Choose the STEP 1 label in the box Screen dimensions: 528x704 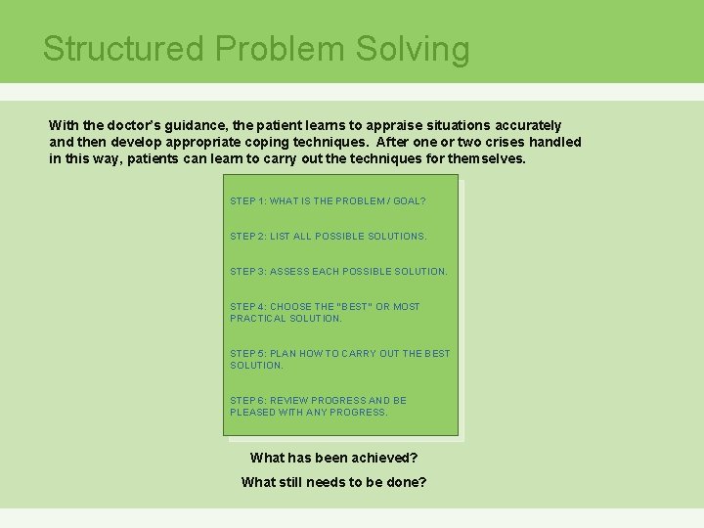(x=246, y=201)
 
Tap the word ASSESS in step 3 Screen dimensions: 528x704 (x=289, y=272)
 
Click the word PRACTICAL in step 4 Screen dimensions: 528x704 (x=258, y=319)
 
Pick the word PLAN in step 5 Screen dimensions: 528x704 (x=284, y=354)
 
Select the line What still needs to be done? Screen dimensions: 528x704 (x=334, y=482)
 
